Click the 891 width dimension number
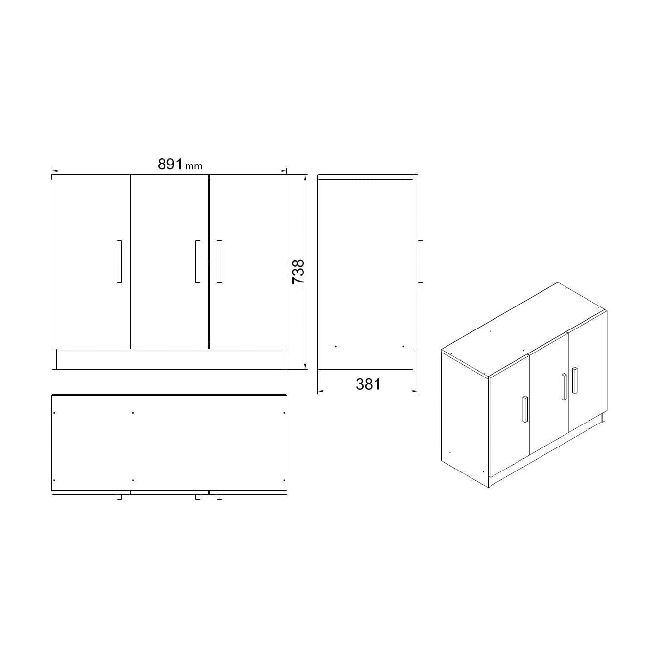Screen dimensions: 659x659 170,164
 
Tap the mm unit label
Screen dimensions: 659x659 194,166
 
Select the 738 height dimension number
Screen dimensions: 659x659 298,272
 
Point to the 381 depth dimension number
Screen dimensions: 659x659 368,384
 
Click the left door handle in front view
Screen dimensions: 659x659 119,261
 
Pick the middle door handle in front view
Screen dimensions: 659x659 197,261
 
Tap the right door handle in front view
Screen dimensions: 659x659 219,261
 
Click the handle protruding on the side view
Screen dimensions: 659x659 420,261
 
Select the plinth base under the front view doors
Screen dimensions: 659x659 169,358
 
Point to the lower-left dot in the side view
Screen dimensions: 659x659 336,347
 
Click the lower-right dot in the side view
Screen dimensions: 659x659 403,347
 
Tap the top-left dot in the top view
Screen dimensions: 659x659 54,413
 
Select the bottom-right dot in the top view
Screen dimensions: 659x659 284,480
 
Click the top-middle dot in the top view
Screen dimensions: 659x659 133,413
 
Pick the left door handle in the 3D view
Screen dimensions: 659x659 524,409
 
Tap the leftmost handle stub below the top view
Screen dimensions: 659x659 119,497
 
